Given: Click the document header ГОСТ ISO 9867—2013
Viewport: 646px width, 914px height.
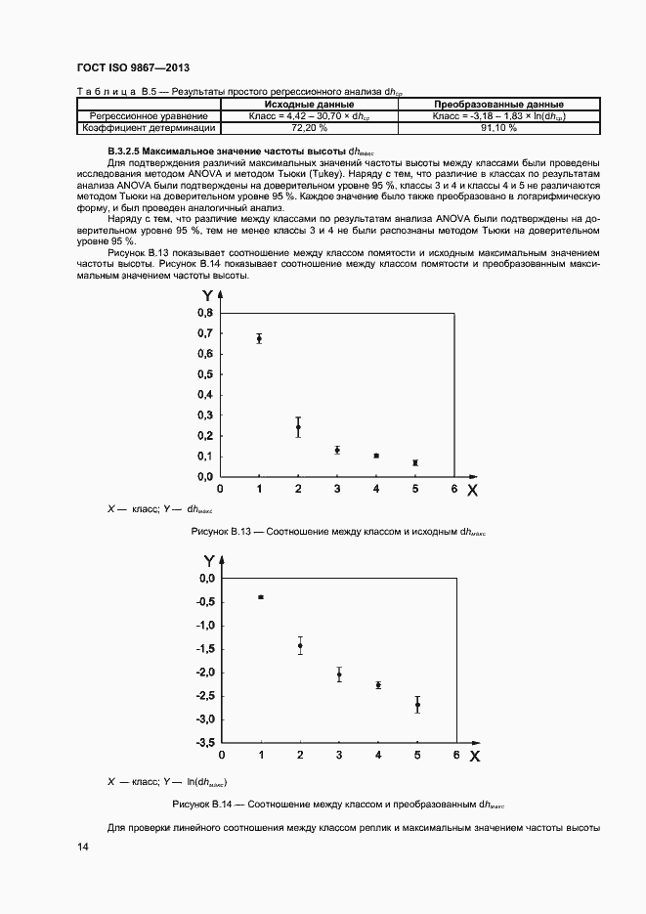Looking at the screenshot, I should point(132,67).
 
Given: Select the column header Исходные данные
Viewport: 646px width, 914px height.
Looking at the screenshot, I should point(308,104).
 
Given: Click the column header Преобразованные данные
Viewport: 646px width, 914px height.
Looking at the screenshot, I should point(498,104).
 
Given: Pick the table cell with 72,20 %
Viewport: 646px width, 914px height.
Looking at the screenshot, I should point(308,127).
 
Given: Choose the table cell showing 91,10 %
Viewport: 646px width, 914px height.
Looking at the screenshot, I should point(498,127).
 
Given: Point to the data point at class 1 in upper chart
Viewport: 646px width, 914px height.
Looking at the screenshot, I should point(259,338).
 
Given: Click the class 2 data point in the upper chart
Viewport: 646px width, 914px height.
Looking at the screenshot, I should point(298,427).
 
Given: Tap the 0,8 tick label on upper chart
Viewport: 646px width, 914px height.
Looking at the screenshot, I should point(205,313).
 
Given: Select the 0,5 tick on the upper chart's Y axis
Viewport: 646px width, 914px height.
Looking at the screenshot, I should point(205,374).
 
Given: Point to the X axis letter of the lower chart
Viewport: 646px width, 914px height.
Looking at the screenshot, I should point(475,756).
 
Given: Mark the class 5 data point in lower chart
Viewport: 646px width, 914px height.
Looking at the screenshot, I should point(417,705).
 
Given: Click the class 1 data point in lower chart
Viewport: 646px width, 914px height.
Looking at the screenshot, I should point(261,596).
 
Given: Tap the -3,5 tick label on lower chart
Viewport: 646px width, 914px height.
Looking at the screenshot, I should point(202,743).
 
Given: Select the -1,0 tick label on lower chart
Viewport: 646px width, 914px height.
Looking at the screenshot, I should point(202,626).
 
